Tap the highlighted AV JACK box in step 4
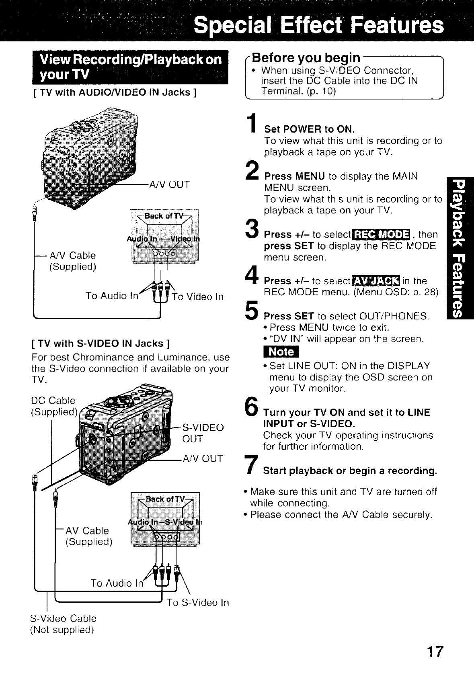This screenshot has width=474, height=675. pos(375,281)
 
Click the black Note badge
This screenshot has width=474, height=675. pos(281,352)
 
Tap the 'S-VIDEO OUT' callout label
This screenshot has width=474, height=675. pos(203,433)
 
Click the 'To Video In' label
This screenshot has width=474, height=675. pos(197,297)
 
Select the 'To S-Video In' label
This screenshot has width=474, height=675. pos(198,602)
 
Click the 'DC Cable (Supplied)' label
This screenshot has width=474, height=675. pos(54,406)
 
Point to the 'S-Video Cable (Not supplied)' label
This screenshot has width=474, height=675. pos(64,624)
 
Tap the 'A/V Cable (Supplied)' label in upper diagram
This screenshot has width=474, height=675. pos(72,261)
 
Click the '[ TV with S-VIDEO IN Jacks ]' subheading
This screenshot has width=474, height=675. pos(101,344)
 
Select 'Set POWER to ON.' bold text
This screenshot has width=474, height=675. pos(309,129)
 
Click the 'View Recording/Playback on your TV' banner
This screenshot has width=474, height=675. pos(130,67)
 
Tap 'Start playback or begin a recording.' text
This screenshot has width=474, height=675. pos(350,470)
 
